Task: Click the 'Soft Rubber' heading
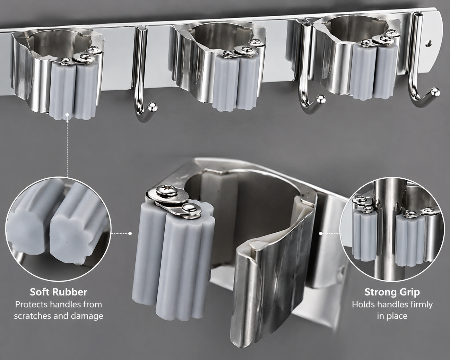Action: pos(58,292)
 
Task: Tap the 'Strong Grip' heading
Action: pos(392,292)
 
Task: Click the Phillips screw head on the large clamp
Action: pos(166,190)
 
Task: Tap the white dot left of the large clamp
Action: pos(130,233)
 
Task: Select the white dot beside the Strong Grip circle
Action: pos(321,233)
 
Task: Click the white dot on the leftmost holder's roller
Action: pos(67,115)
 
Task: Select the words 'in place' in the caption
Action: pos(392,316)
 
